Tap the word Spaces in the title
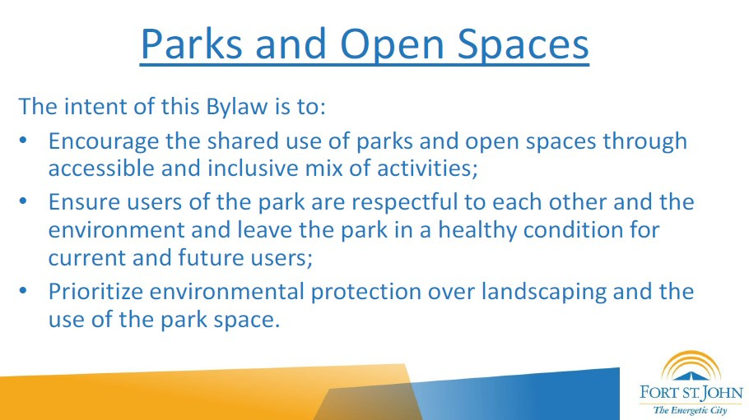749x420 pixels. point(523,44)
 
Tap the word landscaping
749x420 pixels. point(543,292)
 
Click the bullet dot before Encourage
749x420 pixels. point(23,141)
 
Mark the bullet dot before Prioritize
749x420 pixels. point(23,291)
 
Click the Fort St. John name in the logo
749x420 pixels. point(691,393)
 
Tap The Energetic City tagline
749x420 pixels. point(691,410)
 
